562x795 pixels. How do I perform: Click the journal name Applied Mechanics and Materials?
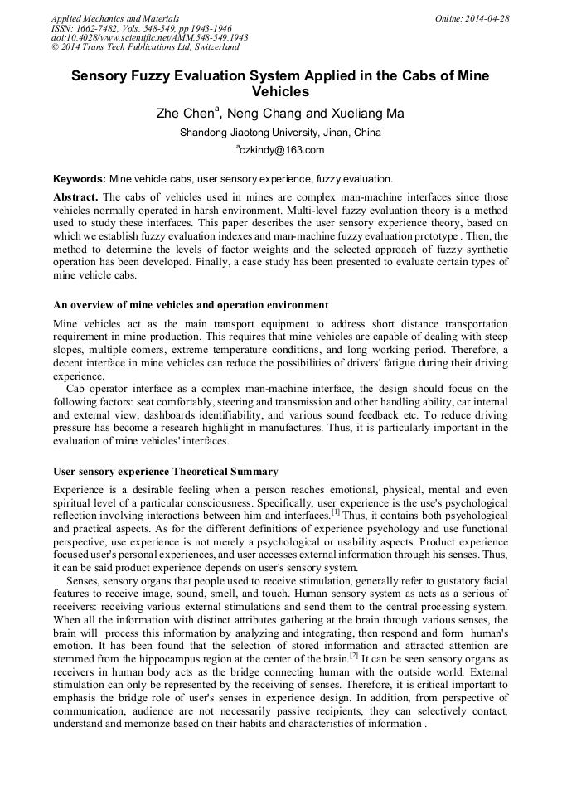[114, 18]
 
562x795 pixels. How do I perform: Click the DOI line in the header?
[149, 38]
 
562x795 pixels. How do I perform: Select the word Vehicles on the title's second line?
[280, 92]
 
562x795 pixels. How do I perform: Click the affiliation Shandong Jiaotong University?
[247, 133]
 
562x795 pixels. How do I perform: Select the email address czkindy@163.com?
[283, 150]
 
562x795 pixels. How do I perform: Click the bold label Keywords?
[80, 178]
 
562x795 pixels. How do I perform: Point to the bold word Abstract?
[75, 196]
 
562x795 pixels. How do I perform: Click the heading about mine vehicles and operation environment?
[190, 304]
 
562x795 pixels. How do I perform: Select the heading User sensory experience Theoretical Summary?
[165, 472]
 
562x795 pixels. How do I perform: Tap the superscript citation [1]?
[336, 511]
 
